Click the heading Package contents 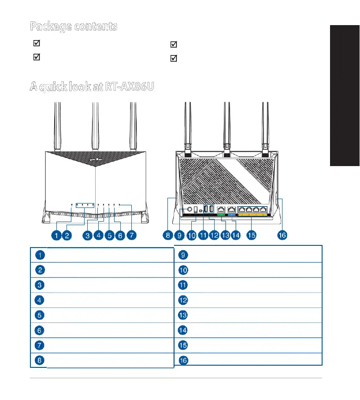click(74, 26)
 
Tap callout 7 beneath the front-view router click(131, 235)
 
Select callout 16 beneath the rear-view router click(282, 235)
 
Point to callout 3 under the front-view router click(88, 235)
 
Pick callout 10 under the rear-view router click(191, 235)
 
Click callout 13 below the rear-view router click(225, 235)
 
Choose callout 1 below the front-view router click(56, 235)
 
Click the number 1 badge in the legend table click(40, 255)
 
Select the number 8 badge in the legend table click(40, 360)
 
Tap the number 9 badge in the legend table click(183, 255)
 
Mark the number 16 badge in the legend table click(183, 360)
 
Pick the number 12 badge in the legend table click(183, 300)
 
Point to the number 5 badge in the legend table click(40, 315)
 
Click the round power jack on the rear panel click(189, 209)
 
